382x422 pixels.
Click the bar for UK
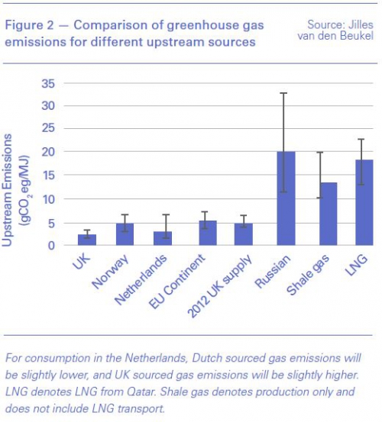pyautogui.click(x=87, y=240)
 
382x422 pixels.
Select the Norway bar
pyautogui.click(x=125, y=234)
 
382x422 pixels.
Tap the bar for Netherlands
pyautogui.click(x=163, y=238)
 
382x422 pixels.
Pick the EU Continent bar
pyautogui.click(x=208, y=233)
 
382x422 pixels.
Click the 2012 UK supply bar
pyautogui.click(x=244, y=234)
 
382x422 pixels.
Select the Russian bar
pyautogui.click(x=286, y=198)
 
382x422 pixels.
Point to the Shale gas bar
pyautogui.click(x=328, y=214)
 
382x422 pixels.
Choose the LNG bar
pyautogui.click(x=364, y=202)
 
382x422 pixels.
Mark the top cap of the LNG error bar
pyautogui.click(x=361, y=139)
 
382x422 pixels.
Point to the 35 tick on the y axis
pyautogui.click(x=48, y=84)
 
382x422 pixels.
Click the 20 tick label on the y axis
pyautogui.click(x=48, y=152)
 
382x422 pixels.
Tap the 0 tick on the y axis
pyautogui.click(x=51, y=246)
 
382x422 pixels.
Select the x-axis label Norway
pyautogui.click(x=110, y=272)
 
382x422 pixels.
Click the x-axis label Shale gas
pyautogui.click(x=308, y=275)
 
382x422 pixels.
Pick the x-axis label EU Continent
pyautogui.click(x=177, y=282)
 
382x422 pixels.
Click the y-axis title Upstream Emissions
pyautogui.click(x=7, y=190)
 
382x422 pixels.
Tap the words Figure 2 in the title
pyautogui.click(x=30, y=25)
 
